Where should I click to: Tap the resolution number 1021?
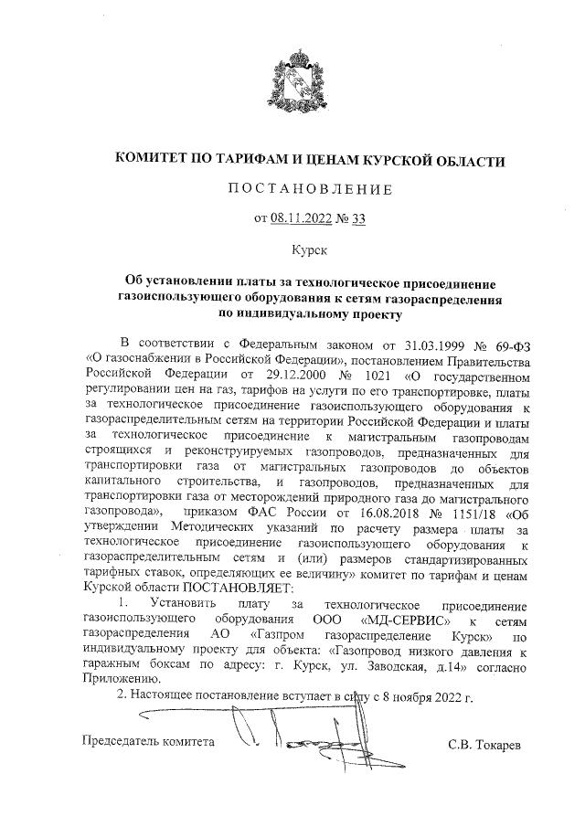point(385,373)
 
